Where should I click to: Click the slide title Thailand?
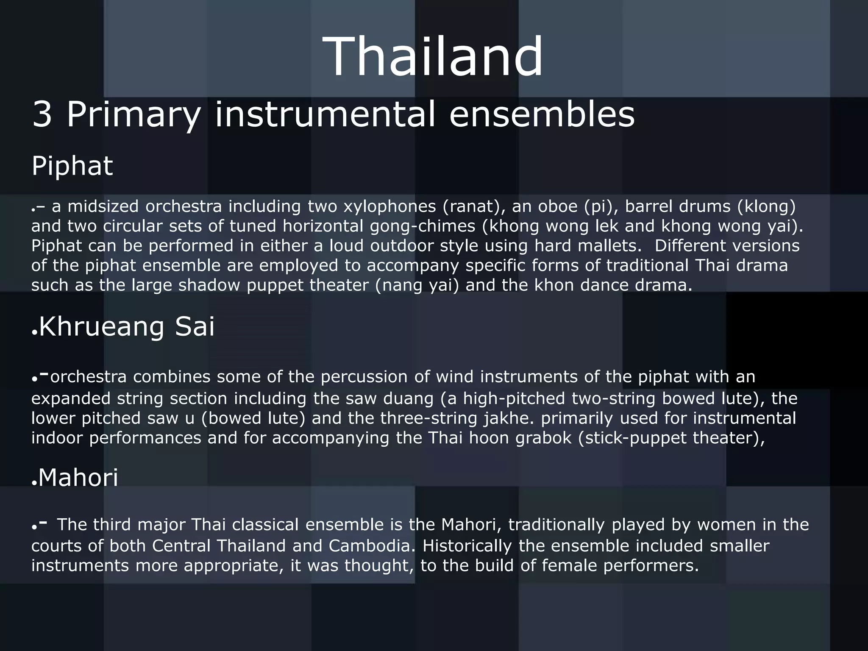click(433, 57)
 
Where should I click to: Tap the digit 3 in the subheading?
click(42, 114)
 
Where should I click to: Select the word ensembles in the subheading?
click(542, 114)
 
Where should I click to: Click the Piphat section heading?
click(72, 166)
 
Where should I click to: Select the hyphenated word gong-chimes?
click(423, 226)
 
